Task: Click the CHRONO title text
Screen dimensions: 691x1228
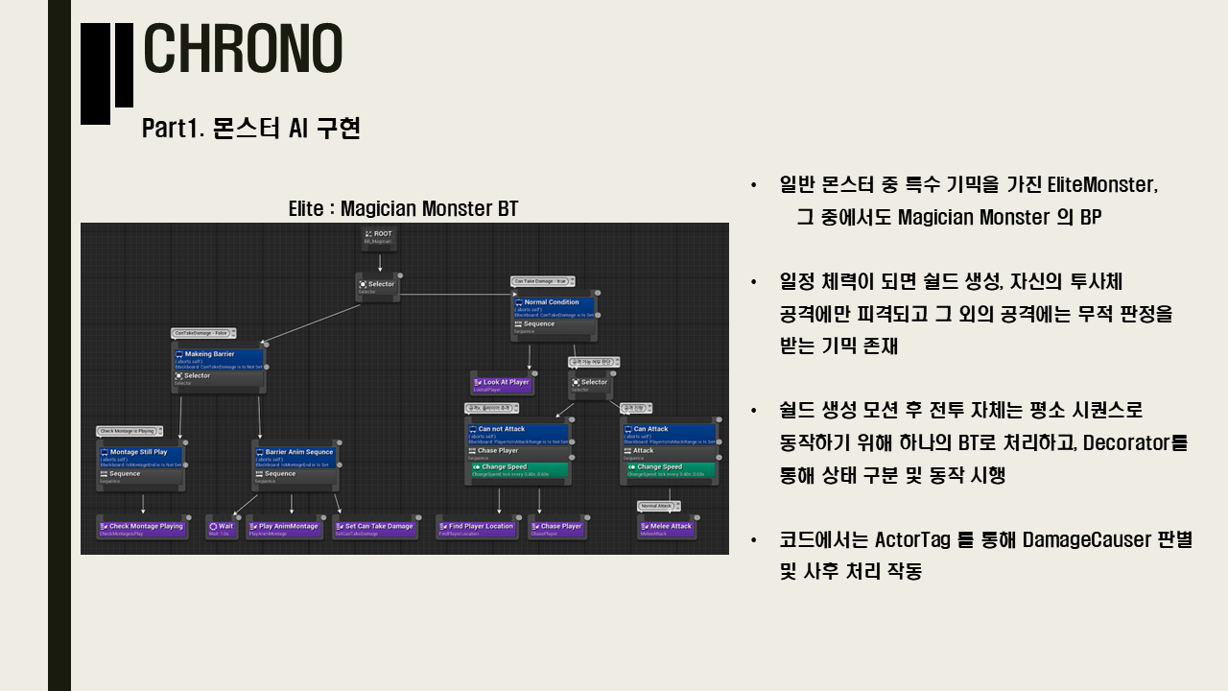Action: pos(243,49)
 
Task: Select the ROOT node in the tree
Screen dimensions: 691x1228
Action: pos(380,238)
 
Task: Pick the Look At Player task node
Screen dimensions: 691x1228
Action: pos(501,384)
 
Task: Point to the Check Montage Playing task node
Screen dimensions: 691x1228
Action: pos(143,527)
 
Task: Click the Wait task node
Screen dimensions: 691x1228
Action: pos(222,527)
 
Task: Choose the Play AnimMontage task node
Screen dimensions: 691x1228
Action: pos(285,527)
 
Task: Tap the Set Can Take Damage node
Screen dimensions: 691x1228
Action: pos(375,527)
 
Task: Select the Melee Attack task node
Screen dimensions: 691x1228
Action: pos(666,527)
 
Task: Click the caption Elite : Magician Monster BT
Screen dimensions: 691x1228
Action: pos(403,209)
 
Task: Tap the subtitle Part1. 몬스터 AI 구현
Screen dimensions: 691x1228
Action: pos(251,129)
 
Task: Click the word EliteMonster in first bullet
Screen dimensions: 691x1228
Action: pos(1101,184)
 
